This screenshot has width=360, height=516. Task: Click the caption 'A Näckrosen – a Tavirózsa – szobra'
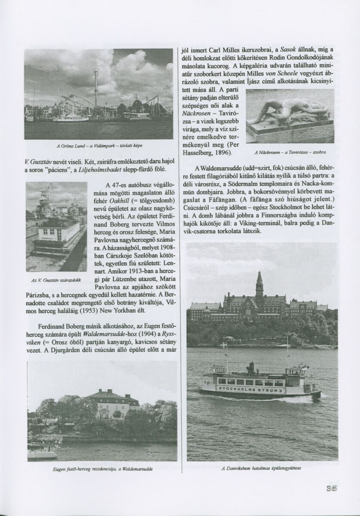(x=290, y=152)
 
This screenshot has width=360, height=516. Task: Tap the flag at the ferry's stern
(x=222, y=345)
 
